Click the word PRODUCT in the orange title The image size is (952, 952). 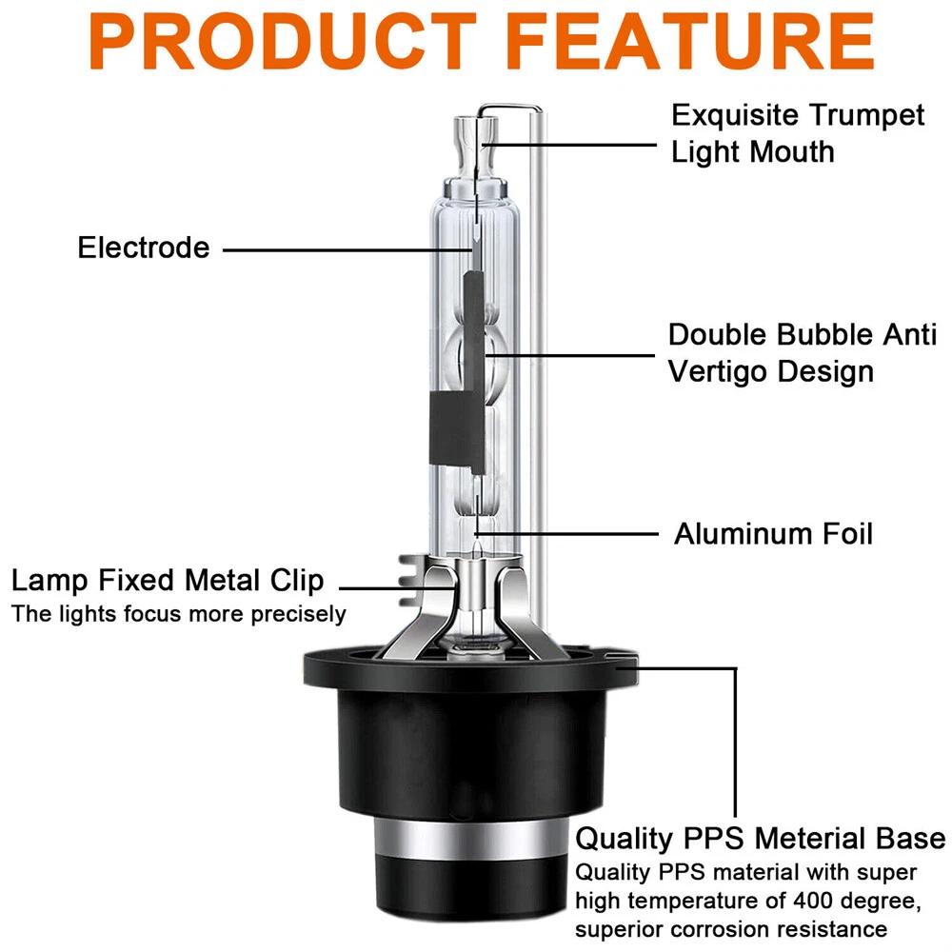[x=284, y=41]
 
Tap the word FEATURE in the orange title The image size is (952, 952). [x=689, y=41]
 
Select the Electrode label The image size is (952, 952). [x=144, y=248]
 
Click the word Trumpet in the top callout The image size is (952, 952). [x=866, y=116]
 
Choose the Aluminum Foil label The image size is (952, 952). [x=773, y=534]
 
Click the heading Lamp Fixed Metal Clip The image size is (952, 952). [x=168, y=581]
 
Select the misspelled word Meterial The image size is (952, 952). [x=810, y=839]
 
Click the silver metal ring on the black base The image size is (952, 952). [x=466, y=841]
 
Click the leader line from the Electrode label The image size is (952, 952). [x=347, y=249]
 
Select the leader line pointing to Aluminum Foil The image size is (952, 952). [x=567, y=534]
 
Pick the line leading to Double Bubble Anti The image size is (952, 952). [x=570, y=354]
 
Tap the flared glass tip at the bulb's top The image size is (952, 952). [x=476, y=146]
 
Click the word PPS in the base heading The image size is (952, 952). [x=713, y=839]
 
